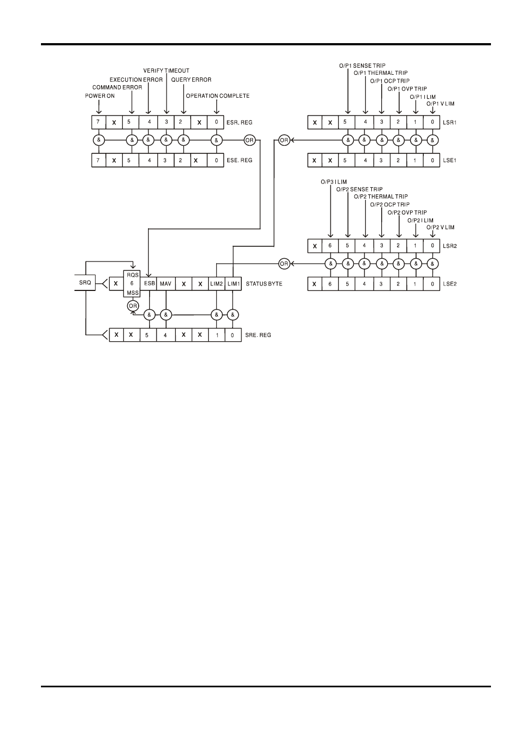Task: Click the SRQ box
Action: (85, 283)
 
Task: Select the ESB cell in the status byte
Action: (150, 284)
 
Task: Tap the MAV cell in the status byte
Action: (165, 284)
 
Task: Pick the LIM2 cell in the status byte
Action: (217, 284)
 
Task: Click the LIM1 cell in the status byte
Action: (233, 284)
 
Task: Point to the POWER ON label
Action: (99, 96)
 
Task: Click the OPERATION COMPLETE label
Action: (217, 96)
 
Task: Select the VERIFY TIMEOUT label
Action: (167, 71)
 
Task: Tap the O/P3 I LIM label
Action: (334, 182)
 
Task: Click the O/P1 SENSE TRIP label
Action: (362, 66)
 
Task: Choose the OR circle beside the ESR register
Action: (250, 140)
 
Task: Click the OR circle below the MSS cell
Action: (133, 306)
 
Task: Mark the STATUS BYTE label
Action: (264, 284)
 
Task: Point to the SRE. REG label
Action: (258, 335)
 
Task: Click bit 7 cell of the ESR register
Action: (98, 122)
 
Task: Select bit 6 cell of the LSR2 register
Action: (330, 246)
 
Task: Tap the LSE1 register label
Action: (449, 161)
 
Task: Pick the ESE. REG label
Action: (240, 161)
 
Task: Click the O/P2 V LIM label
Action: (440, 228)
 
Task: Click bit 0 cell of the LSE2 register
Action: (432, 284)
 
